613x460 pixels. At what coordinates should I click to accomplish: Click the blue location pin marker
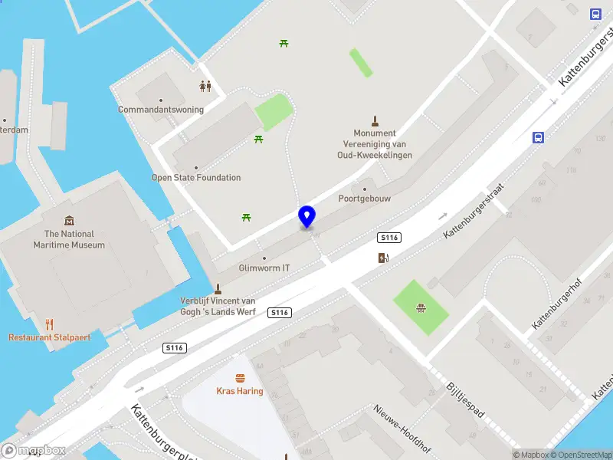307,216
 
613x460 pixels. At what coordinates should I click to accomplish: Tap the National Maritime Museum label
69,239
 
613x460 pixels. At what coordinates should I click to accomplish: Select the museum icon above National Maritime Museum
69,221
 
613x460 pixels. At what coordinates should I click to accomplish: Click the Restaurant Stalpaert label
49,337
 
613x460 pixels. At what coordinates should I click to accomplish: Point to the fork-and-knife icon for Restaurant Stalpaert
50,324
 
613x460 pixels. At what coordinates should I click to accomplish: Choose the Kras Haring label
240,391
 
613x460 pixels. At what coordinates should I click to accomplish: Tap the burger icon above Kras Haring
240,378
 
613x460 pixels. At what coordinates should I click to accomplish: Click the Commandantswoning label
161,110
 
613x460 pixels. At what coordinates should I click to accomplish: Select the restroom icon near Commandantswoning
205,86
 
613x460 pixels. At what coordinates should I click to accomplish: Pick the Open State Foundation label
196,178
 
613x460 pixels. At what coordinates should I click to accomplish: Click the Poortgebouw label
364,199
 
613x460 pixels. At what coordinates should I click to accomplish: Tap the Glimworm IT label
264,268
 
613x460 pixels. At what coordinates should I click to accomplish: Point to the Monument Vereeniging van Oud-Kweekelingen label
375,144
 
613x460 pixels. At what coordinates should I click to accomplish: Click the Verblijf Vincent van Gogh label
218,306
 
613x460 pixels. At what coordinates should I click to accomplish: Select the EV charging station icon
383,258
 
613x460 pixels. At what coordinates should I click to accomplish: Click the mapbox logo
34,451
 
